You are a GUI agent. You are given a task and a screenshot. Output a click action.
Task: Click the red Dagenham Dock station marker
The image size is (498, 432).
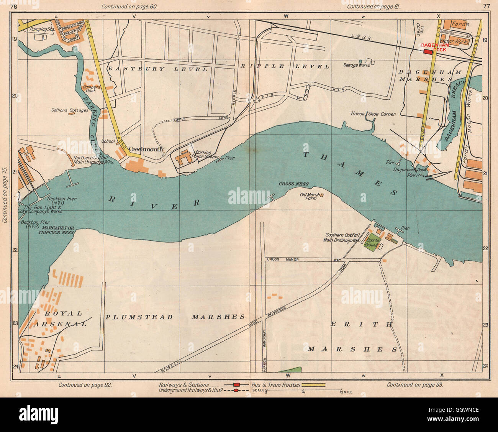tap(427, 52)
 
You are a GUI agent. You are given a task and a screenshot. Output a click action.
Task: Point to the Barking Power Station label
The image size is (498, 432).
tap(207, 154)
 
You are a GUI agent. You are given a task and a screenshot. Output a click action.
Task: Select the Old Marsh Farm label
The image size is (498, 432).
tap(310, 196)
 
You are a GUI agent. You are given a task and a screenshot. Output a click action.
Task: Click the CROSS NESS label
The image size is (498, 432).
tap(294, 184)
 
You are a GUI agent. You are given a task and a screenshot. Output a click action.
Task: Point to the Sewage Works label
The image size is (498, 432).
tap(357, 65)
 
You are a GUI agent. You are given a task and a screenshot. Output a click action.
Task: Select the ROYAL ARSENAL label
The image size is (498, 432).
tap(57, 318)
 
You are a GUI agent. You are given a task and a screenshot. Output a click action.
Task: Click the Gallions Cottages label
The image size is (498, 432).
tap(70, 110)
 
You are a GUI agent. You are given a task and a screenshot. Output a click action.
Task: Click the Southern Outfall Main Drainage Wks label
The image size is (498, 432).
tap(343, 238)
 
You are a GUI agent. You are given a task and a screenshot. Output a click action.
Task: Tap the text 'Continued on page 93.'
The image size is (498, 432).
tap(415, 384)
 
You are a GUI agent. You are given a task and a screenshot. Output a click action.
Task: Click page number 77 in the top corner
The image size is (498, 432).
tap(487, 6)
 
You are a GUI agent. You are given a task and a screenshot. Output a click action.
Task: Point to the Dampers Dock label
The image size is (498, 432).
tap(91, 89)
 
